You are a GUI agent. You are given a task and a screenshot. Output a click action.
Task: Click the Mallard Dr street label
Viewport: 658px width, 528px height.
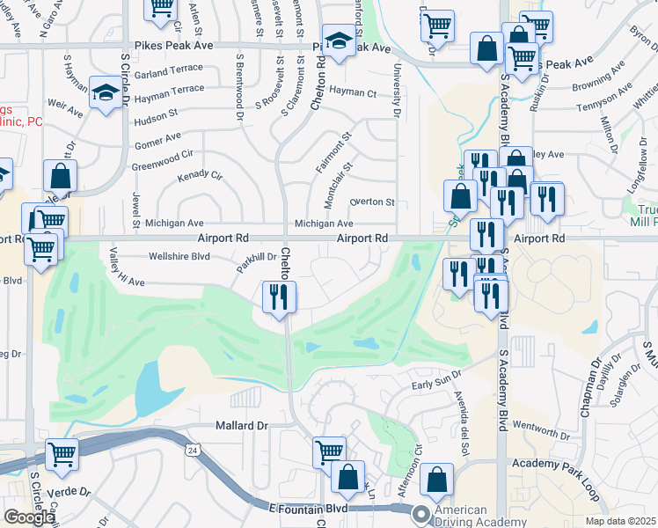[x=241, y=425]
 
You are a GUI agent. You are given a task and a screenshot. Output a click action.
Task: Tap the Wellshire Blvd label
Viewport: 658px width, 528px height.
[x=181, y=257]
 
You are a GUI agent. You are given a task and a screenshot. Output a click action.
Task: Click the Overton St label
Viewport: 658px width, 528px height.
[x=371, y=202]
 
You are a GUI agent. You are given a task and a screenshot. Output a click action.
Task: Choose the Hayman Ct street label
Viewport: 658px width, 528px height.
[x=359, y=93]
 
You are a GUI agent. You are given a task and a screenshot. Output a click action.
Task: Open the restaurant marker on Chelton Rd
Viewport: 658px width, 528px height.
[x=280, y=297]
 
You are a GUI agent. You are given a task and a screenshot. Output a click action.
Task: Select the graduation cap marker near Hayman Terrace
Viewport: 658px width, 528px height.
[x=105, y=92]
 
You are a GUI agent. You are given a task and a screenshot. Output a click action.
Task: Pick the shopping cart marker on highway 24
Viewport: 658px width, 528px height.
[x=62, y=455]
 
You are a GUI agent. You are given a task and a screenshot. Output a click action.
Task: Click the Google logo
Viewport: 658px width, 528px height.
[x=28, y=517]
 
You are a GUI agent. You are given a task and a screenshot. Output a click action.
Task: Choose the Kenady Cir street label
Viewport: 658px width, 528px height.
[x=201, y=177]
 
